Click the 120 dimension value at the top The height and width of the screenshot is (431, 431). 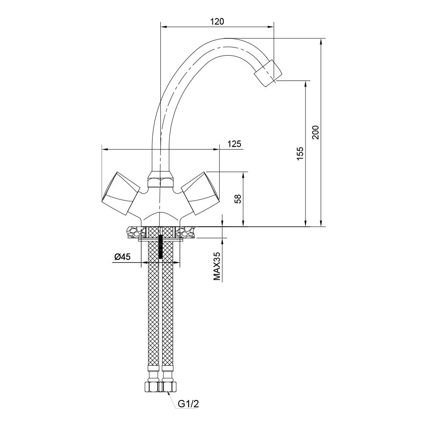(x=217, y=22)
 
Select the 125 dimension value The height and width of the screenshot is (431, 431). (x=234, y=144)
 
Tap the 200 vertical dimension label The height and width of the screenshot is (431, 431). (x=315, y=132)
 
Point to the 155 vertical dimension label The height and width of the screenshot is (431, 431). (x=300, y=154)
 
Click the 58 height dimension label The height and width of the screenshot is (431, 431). (x=237, y=199)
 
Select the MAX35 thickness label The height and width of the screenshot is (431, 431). (x=217, y=267)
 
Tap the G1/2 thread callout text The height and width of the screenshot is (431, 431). (x=189, y=404)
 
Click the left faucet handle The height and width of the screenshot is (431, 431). (x=121, y=193)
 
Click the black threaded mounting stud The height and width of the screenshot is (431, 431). (x=161, y=248)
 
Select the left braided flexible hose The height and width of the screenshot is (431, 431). (x=153, y=310)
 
